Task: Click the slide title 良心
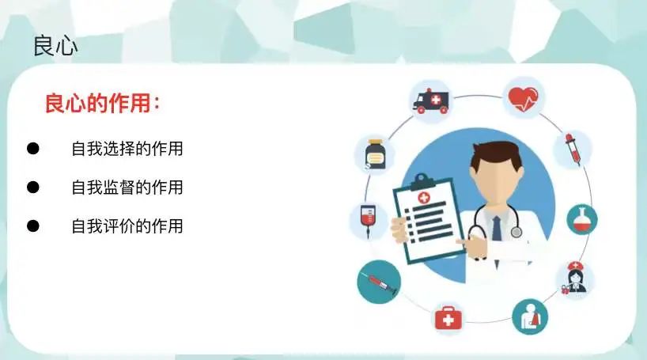point(55,46)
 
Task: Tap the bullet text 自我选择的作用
point(127,149)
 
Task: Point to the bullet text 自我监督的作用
point(127,188)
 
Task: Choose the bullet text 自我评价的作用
point(127,226)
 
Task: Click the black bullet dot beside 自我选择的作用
point(33,149)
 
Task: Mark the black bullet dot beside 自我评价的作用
point(33,226)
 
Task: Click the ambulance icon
point(431,101)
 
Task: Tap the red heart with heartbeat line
point(523,99)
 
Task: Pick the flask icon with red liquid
point(582,220)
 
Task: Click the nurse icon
point(574,278)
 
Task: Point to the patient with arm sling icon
point(530,316)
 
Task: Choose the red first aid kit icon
point(448,317)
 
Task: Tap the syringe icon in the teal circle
point(379,282)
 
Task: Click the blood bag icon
point(368,220)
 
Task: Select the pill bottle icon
point(375,154)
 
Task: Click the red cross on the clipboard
point(424,198)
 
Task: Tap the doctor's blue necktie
point(497,229)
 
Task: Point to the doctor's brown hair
point(497,153)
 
